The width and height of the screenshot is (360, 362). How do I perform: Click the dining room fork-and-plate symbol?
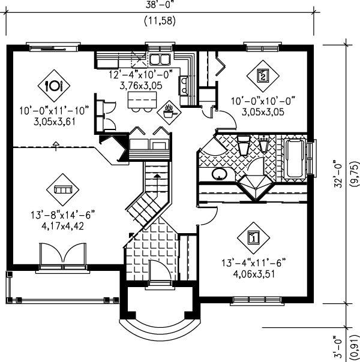53,86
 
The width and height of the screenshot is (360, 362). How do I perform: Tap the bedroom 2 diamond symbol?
262,76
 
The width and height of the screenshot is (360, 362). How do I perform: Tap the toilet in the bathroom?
244,147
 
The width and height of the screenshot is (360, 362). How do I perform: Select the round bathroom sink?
219,174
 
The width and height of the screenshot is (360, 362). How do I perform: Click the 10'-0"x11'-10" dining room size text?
53,110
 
